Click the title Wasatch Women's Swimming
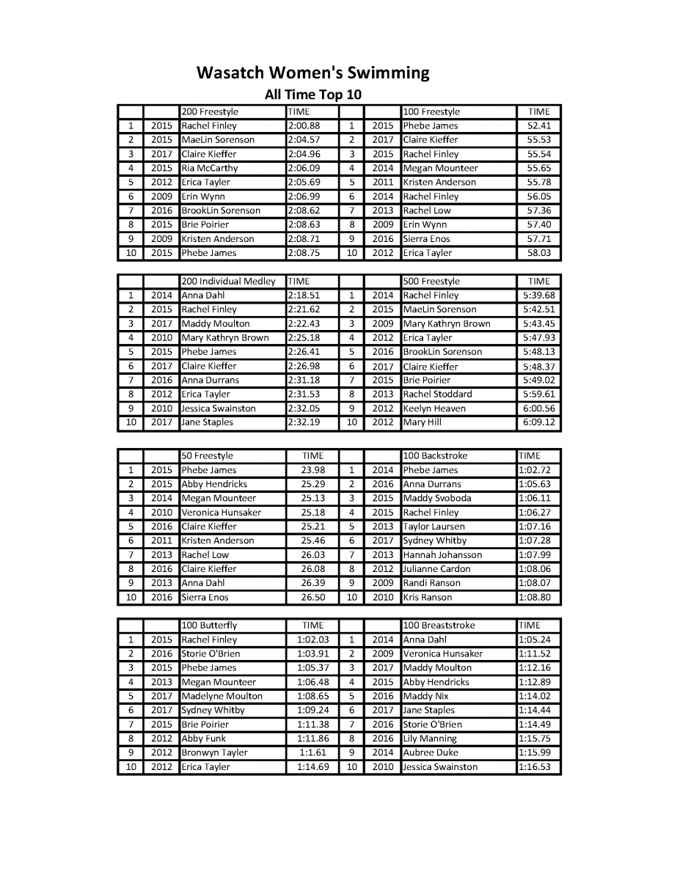tap(312, 73)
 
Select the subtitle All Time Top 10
tap(312, 95)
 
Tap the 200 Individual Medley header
tap(228, 282)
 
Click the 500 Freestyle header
tap(431, 282)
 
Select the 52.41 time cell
tap(538, 126)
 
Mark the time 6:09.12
tap(538, 422)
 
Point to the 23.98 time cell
tap(312, 470)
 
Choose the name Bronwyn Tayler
tap(214, 752)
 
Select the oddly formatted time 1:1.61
tap(312, 752)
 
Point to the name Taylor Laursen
tap(434, 527)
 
